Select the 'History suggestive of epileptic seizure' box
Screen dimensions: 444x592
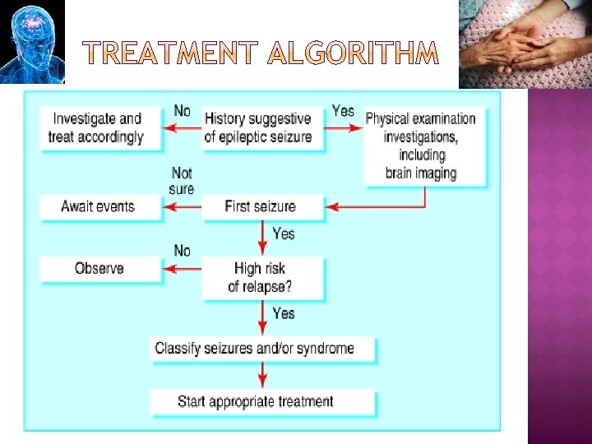[258, 127]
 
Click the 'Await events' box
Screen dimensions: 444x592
[99, 206]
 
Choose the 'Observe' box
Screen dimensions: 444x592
[99, 268]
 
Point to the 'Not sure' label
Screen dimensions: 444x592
[182, 181]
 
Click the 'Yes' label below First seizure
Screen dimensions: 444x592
[283, 234]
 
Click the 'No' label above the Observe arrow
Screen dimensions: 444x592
[182, 250]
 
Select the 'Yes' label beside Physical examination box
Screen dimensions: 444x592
[343, 110]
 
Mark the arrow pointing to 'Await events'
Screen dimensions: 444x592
[183, 208]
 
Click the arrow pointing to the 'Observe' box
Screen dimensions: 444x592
[183, 269]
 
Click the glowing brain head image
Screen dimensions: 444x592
[31, 41]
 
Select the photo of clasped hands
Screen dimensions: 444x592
[524, 43]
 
